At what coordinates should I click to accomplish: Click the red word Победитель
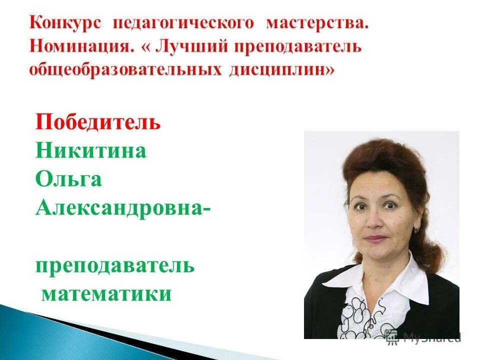click(x=98, y=121)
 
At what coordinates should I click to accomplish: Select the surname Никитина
click(x=91, y=150)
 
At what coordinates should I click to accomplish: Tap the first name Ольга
click(x=69, y=179)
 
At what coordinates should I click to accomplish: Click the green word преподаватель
click(x=115, y=265)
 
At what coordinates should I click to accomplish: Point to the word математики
click(x=106, y=294)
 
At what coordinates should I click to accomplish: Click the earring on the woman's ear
click(x=416, y=229)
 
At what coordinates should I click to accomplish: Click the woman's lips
click(x=375, y=238)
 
